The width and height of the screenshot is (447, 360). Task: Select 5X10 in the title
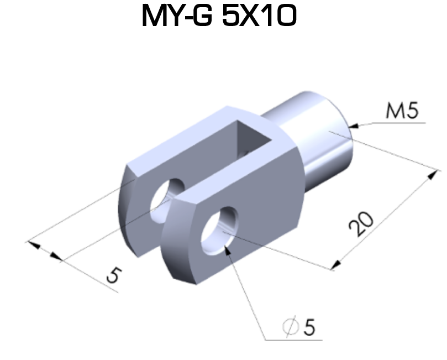point(260,17)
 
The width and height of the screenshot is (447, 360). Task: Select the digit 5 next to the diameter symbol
point(309,327)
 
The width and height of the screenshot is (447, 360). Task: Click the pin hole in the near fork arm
point(219,229)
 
